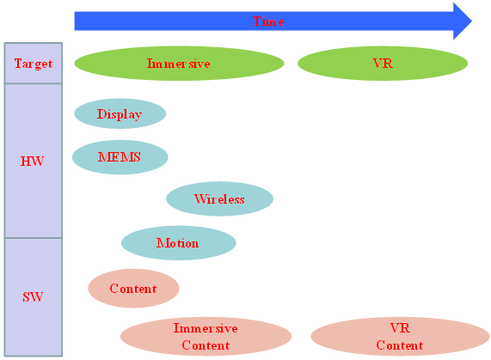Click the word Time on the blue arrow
(x=268, y=21)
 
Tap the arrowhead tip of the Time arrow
(x=471, y=21)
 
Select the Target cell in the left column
(x=34, y=64)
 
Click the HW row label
(x=33, y=161)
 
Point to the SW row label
(x=33, y=296)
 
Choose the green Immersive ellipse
(x=179, y=64)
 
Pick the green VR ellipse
(x=383, y=64)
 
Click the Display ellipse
(x=120, y=113)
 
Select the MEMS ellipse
(x=120, y=157)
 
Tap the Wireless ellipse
(x=219, y=199)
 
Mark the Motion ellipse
(x=179, y=243)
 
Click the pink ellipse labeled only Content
(x=133, y=289)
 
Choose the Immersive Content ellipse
(x=206, y=337)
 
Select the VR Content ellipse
(x=400, y=337)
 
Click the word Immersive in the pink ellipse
(x=206, y=328)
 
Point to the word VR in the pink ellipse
(x=400, y=328)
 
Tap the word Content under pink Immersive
(x=206, y=345)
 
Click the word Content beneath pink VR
(x=400, y=345)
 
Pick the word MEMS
(x=119, y=157)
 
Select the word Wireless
(x=219, y=199)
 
